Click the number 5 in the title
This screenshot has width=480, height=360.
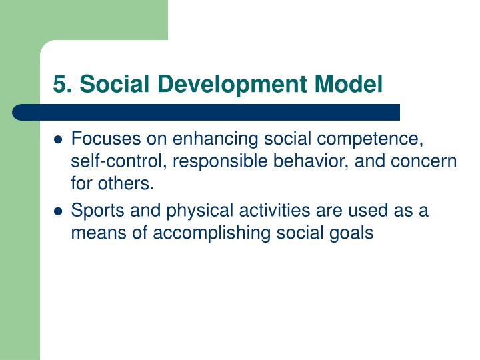coord(60,85)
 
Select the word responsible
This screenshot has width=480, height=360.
coord(192,162)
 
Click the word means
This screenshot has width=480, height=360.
coord(97,234)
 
